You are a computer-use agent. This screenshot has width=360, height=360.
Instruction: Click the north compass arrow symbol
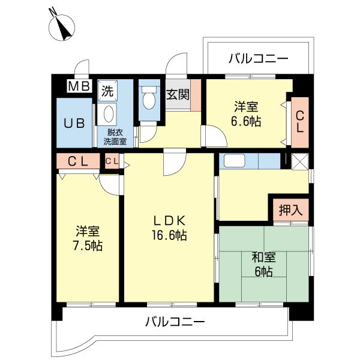pos(62,27)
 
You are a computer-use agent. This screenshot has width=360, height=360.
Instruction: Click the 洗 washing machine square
pos(107,92)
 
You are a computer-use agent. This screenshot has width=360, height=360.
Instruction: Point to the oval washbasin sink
pos(109,114)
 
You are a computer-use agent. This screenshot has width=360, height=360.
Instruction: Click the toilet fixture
pos(149,98)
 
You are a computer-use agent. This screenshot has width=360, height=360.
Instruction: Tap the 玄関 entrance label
pos(178,94)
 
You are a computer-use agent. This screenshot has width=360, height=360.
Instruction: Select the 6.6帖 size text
pos(247,121)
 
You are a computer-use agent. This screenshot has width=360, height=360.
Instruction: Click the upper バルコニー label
pos(259,59)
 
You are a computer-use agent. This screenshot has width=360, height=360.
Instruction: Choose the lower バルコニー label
pos(175,322)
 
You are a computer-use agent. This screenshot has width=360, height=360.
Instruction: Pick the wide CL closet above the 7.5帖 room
pos(78,161)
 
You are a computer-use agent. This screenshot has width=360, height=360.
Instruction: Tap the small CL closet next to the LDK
pos(112,161)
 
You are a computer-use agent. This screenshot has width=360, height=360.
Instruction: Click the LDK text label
pos(169,220)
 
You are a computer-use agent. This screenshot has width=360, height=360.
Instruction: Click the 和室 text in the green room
pos(263,257)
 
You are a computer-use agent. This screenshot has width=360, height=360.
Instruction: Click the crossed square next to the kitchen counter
pos(298,161)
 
